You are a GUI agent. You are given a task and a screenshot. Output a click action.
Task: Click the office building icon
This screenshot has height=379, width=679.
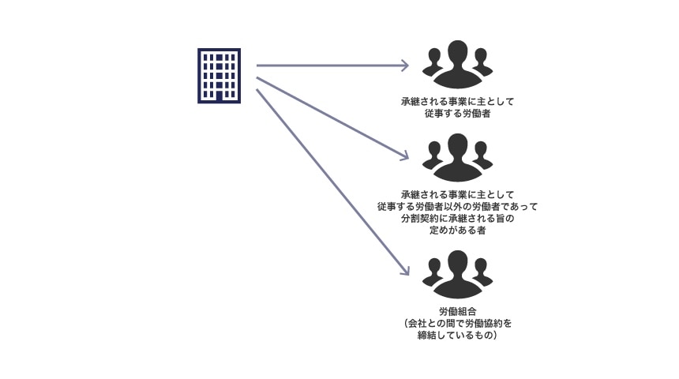click(219, 76)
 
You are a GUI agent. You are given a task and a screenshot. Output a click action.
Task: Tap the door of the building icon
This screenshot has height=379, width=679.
click(219, 96)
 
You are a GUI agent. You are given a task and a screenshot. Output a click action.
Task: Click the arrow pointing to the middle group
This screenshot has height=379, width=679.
click(332, 117)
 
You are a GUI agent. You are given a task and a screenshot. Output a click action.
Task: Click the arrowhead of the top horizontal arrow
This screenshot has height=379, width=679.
click(405, 66)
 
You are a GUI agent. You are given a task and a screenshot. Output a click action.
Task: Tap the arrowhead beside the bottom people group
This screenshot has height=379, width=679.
click(405, 270)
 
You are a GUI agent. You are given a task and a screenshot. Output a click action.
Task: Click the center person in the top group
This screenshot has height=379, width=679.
click(457, 65)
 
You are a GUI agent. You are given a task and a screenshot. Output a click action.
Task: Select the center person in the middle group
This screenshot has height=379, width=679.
click(457, 157)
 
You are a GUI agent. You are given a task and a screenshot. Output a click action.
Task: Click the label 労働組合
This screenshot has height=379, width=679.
click(457, 311)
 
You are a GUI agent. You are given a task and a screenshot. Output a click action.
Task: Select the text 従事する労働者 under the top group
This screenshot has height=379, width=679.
click(457, 114)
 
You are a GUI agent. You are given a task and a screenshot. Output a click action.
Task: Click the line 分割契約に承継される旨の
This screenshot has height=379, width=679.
click(457, 219)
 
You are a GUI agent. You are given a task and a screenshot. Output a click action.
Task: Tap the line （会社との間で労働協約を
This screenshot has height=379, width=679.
click(457, 323)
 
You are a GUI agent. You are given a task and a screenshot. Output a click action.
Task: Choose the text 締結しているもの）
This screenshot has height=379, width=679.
click(457, 336)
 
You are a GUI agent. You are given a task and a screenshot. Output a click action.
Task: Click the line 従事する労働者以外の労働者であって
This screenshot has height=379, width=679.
click(457, 207)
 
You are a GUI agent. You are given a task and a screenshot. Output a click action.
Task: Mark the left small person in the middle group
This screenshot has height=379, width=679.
click(433, 156)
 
